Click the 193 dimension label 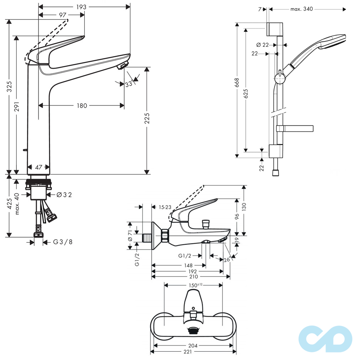81,7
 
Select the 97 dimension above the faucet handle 63,15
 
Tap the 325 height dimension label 9,86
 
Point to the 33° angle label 129,84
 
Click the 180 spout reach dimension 82,106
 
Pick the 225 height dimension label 147,118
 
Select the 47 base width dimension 39,167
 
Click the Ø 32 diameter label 64,195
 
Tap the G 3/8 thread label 63,242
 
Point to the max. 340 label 302,9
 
